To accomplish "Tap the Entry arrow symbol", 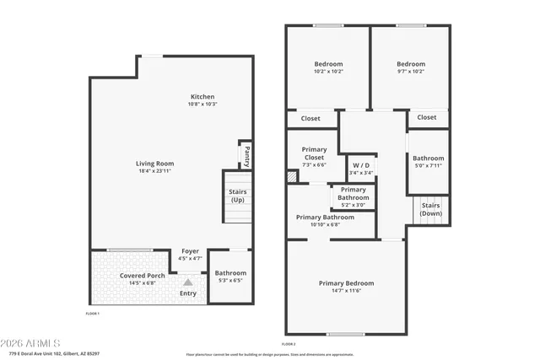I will point(188,283).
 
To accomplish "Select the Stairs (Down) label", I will point(430,209).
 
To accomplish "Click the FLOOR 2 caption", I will point(289,344).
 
